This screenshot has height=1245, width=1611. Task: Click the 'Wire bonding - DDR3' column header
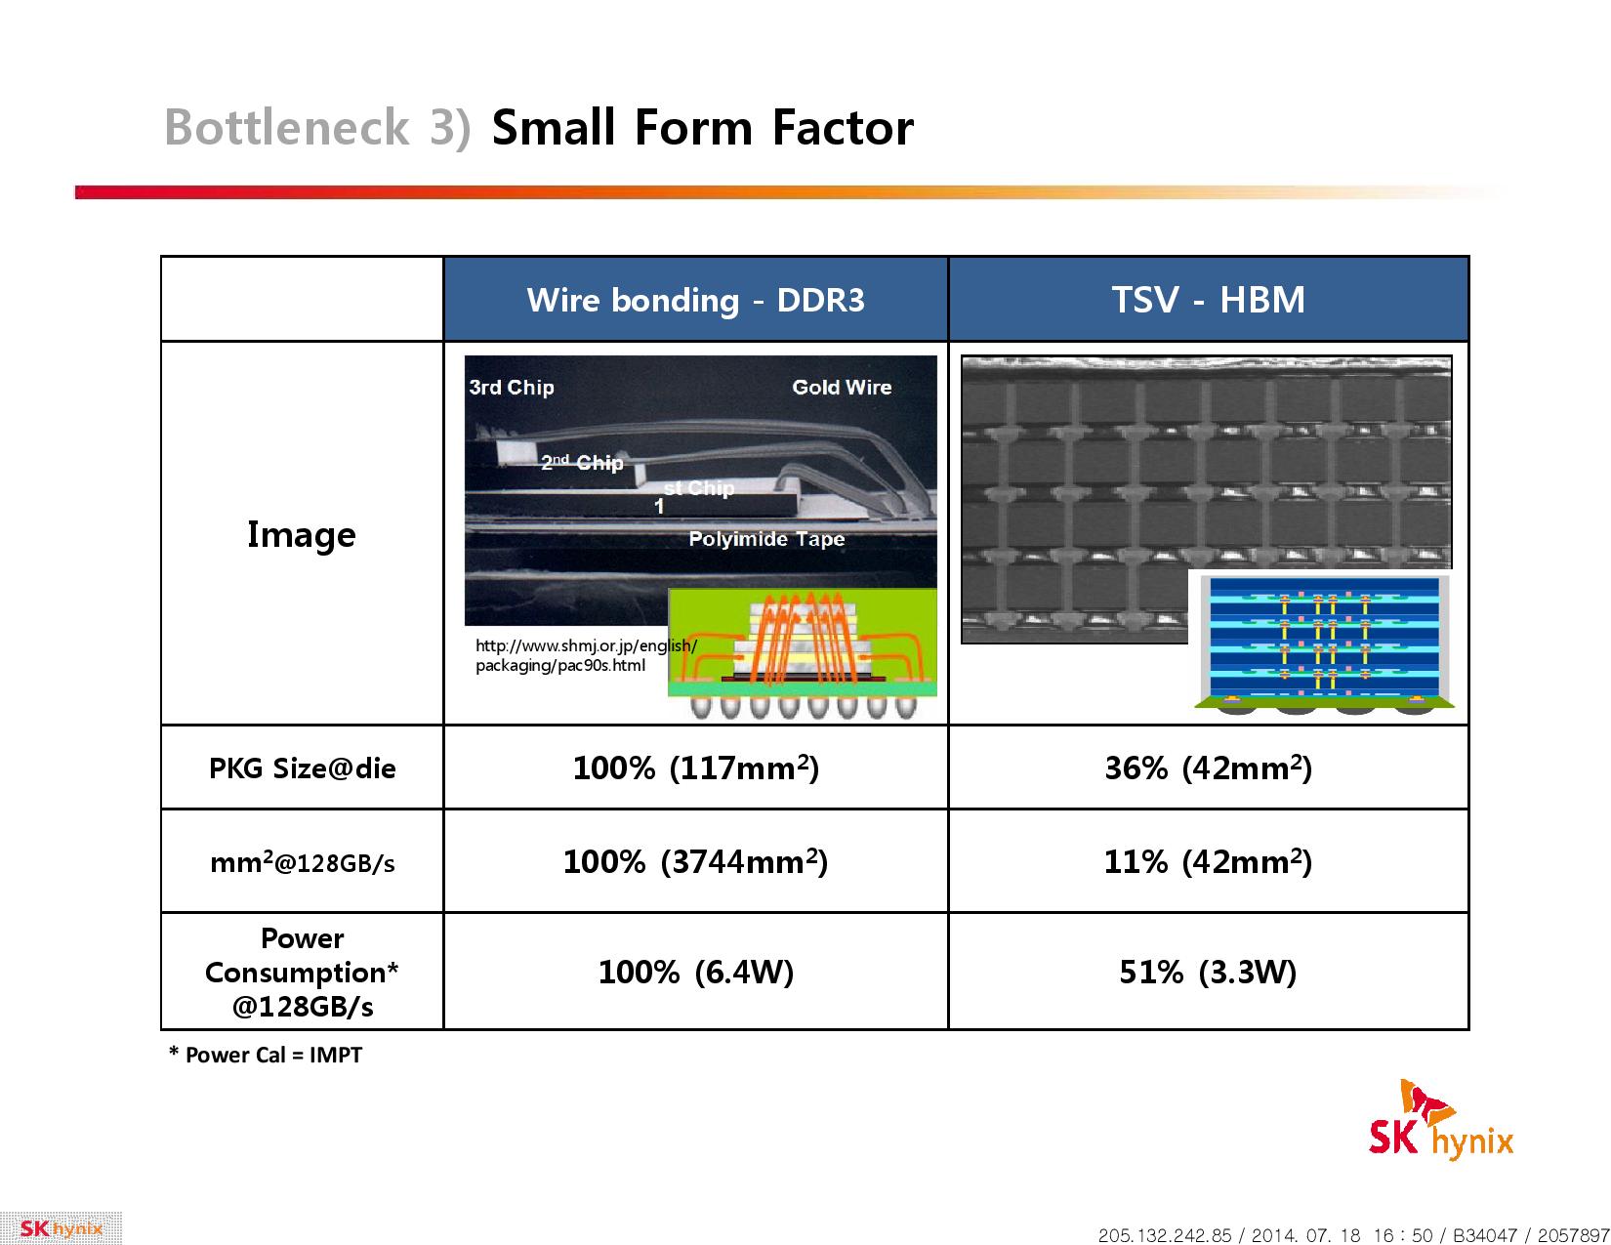pyautogui.click(x=694, y=300)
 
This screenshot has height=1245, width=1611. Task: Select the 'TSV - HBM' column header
pyautogui.click(x=1208, y=300)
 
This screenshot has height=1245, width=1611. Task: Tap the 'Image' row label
pyautogui.click(x=301, y=534)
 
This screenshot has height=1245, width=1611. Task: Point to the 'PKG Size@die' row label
pyautogui.click(x=302, y=768)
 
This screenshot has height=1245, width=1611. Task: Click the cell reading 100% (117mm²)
pyautogui.click(x=695, y=768)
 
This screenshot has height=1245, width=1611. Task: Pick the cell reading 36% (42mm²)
pyautogui.click(x=1208, y=768)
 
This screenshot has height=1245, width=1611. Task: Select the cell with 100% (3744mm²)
pyautogui.click(x=695, y=861)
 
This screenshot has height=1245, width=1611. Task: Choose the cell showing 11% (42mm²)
pyautogui.click(x=1208, y=861)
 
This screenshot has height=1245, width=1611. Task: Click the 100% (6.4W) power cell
pyautogui.click(x=695, y=972)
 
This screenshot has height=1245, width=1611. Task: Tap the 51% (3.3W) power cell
pyautogui.click(x=1208, y=972)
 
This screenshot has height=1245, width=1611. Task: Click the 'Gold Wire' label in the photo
pyautogui.click(x=842, y=387)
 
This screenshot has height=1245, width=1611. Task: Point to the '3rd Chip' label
pyautogui.click(x=512, y=387)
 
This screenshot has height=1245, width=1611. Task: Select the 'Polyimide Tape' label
pyautogui.click(x=766, y=538)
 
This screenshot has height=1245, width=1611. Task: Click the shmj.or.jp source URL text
pyautogui.click(x=586, y=655)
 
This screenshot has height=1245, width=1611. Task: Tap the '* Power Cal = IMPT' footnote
pyautogui.click(x=267, y=1055)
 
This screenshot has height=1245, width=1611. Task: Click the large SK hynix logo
pyautogui.click(x=1440, y=1121)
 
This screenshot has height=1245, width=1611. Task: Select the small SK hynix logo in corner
pyautogui.click(x=61, y=1228)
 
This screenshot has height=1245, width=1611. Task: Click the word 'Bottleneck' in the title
pyautogui.click(x=286, y=127)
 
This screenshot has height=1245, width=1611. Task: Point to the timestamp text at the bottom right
pyautogui.click(x=1354, y=1234)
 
